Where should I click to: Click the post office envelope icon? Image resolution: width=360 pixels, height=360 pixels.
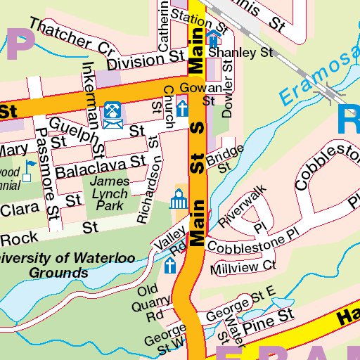(112, 116)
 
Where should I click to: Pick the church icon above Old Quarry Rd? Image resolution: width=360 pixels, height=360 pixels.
(169, 265)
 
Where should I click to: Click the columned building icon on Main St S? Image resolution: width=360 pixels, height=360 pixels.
(178, 201)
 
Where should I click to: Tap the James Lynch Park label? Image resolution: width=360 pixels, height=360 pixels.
(109, 194)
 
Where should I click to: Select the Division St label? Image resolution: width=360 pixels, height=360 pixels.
(137, 61)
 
